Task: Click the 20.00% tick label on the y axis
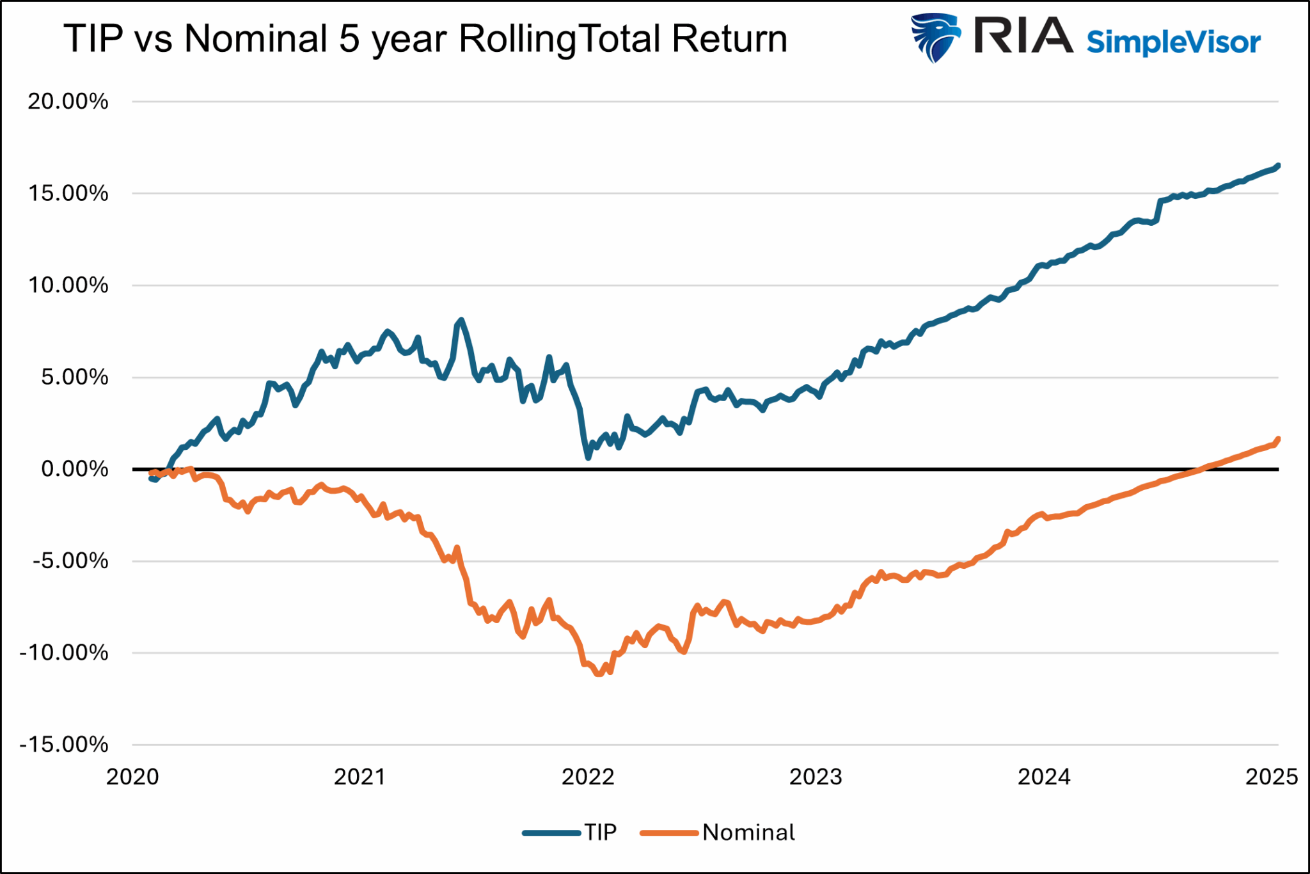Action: tap(68, 102)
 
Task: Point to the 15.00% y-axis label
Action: tap(68, 193)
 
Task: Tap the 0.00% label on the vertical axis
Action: tap(74, 469)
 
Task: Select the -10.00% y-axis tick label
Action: tap(64, 653)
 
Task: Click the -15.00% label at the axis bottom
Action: tap(64, 745)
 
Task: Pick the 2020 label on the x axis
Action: tap(132, 777)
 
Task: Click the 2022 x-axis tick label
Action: tap(588, 777)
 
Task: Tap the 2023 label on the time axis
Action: tap(816, 777)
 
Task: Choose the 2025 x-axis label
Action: tap(1272, 777)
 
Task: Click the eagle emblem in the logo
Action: tap(936, 37)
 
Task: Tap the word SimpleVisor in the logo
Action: tap(1174, 42)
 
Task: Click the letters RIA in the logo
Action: tap(1023, 36)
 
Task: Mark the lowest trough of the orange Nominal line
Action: tap(599, 674)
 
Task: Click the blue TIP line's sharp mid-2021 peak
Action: tap(461, 320)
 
